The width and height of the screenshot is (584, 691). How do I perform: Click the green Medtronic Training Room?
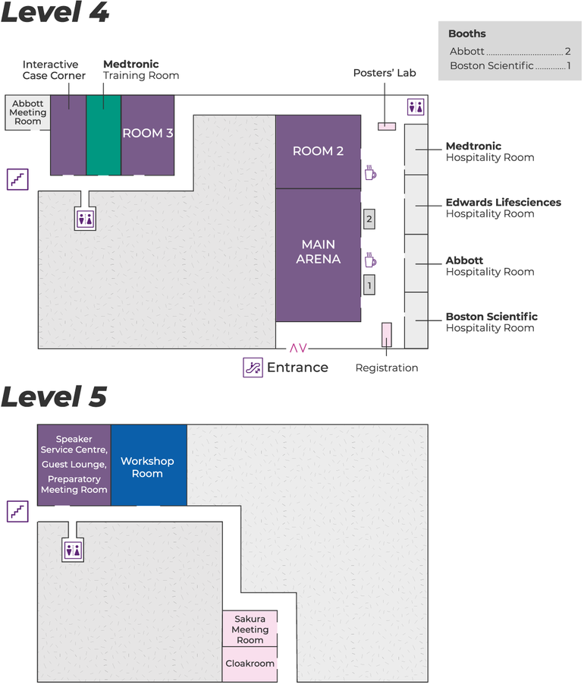pos(103,134)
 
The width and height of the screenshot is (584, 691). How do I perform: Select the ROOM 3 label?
pos(148,133)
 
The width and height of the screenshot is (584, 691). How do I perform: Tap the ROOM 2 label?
pos(318,151)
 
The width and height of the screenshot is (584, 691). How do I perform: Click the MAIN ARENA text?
pos(319,251)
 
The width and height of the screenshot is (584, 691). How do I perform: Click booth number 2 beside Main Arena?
pos(369,219)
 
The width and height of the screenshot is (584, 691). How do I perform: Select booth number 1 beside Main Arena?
pos(369,285)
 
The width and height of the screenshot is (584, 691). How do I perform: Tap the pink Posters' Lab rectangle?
pos(387,125)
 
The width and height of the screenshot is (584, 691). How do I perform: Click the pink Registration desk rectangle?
pos(386,335)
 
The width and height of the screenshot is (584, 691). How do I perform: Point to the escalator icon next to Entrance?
pos(253,368)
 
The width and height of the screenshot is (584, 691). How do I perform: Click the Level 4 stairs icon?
pos(17,179)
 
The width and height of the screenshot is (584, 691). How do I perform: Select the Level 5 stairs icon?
pos(17,511)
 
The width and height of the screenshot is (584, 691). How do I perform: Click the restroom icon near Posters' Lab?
pos(416,107)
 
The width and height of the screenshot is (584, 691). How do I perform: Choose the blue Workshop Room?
pos(148,466)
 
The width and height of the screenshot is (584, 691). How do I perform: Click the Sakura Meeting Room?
pos(250,629)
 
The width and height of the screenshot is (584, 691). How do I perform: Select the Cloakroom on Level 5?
pos(250,663)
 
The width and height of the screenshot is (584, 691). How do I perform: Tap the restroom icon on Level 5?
pos(74,550)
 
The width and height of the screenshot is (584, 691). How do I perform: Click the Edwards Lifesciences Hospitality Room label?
pos(503,208)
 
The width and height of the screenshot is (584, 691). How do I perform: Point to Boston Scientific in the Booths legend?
pos(491,66)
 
